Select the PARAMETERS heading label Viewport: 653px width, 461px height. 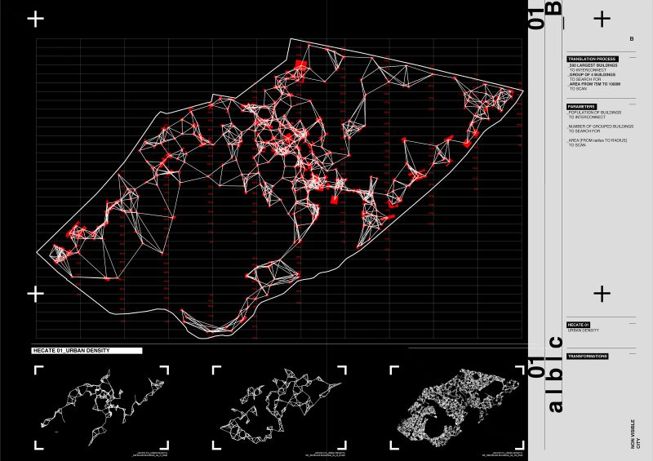click(582, 107)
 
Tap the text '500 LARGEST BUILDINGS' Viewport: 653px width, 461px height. click(593, 66)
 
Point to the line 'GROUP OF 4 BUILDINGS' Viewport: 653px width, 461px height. click(593, 73)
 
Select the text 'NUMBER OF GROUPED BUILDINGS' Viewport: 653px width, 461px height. click(600, 126)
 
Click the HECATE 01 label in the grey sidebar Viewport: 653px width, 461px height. click(579, 324)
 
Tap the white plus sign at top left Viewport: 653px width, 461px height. click(36, 20)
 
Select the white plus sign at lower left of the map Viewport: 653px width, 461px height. click(36, 292)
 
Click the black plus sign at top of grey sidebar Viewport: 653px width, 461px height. click(602, 18)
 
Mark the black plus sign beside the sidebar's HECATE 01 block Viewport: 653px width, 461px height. click(602, 293)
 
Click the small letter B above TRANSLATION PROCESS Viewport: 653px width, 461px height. click(631, 39)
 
